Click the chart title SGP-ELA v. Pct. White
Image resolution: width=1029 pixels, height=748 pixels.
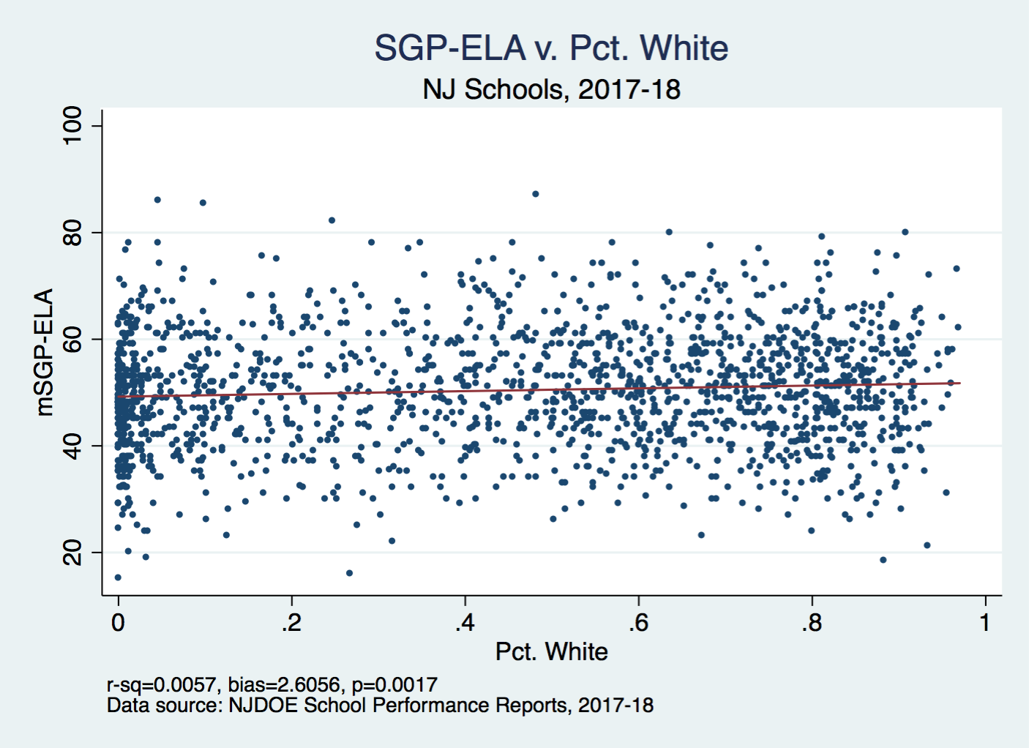click(x=551, y=48)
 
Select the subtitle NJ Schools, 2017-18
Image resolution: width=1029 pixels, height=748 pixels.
click(x=551, y=89)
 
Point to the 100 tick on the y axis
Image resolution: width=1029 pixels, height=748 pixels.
click(x=72, y=126)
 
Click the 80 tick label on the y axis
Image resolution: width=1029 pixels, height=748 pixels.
click(x=72, y=233)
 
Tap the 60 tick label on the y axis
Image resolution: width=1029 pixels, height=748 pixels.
click(x=72, y=339)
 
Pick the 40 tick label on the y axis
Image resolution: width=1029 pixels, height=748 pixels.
click(x=72, y=446)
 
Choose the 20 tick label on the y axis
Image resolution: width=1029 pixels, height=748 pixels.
click(x=72, y=553)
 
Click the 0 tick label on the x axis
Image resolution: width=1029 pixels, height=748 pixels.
click(x=118, y=623)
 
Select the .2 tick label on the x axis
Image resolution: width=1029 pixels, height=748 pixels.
click(x=291, y=623)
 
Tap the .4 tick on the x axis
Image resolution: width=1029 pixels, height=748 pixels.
click(x=465, y=623)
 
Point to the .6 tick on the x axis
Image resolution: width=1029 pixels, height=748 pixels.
click(x=638, y=623)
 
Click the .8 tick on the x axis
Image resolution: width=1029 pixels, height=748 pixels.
click(x=812, y=623)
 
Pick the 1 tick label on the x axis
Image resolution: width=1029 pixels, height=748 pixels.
click(x=985, y=623)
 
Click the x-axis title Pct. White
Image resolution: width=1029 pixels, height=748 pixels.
click(x=551, y=651)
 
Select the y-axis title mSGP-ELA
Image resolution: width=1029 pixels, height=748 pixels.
click(x=45, y=352)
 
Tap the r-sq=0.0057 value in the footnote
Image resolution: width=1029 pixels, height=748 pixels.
click(x=161, y=685)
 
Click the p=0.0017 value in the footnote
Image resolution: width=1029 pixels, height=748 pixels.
click(x=394, y=685)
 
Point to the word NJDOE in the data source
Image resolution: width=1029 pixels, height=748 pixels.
click(x=263, y=706)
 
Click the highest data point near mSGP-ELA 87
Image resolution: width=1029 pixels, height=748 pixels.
click(x=536, y=194)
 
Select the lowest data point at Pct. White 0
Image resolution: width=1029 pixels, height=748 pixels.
click(x=118, y=577)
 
